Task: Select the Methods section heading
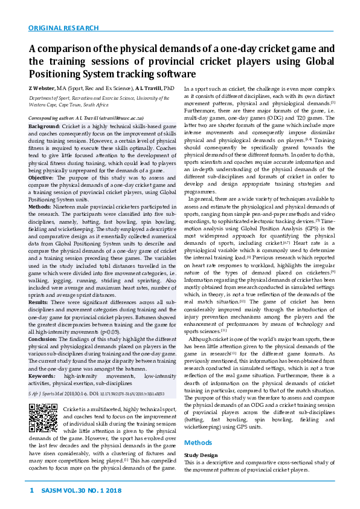198,443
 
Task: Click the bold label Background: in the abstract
43,126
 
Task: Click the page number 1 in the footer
31,490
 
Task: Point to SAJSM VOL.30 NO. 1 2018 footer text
81,490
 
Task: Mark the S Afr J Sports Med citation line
96,393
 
